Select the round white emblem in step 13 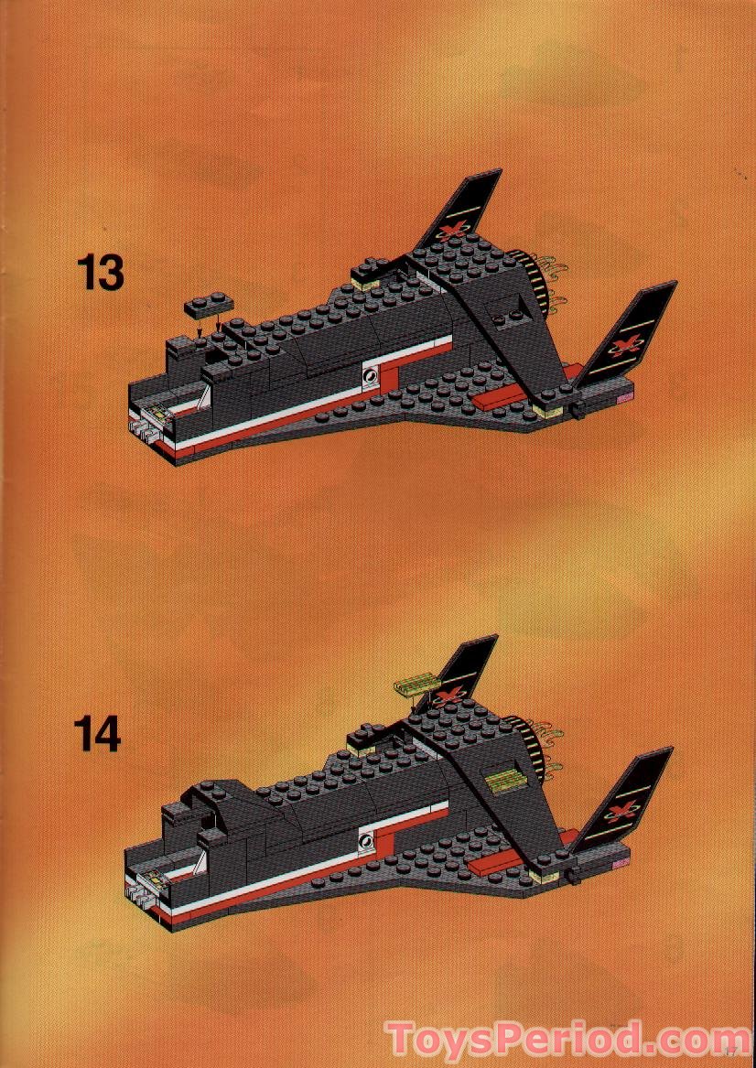click(370, 373)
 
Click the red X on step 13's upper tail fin click(449, 230)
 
